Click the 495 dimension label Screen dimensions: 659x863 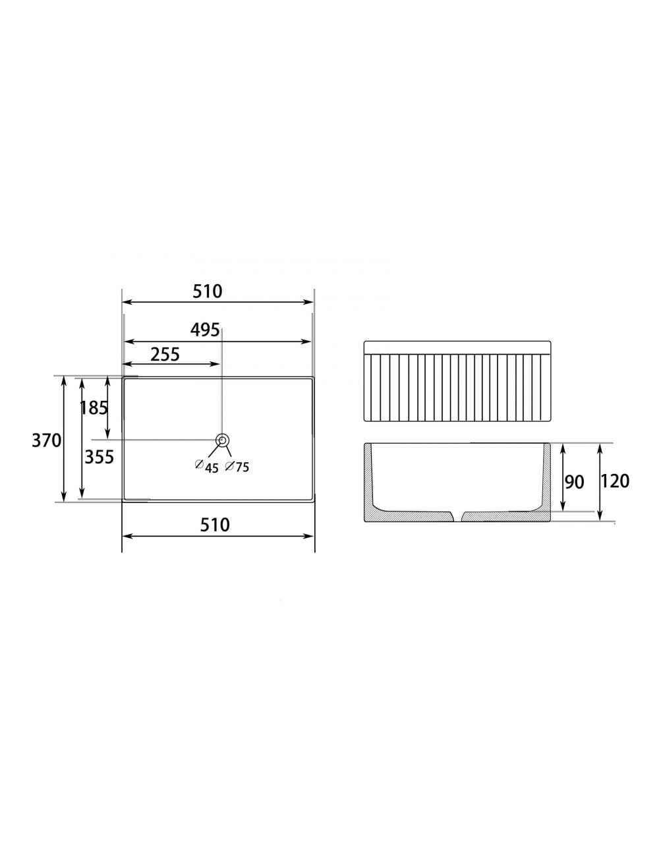coord(205,330)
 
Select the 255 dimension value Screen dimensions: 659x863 coord(165,354)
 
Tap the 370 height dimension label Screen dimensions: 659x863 coord(46,440)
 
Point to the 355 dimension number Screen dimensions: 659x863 coord(100,457)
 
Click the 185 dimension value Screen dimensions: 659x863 coord(94,407)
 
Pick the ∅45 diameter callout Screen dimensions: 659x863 coord(207,467)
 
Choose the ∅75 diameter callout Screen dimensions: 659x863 coord(237,466)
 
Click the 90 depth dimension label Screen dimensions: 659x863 coord(574,482)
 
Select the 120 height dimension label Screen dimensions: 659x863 coord(615,481)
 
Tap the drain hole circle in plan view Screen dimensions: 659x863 coord(222,440)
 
